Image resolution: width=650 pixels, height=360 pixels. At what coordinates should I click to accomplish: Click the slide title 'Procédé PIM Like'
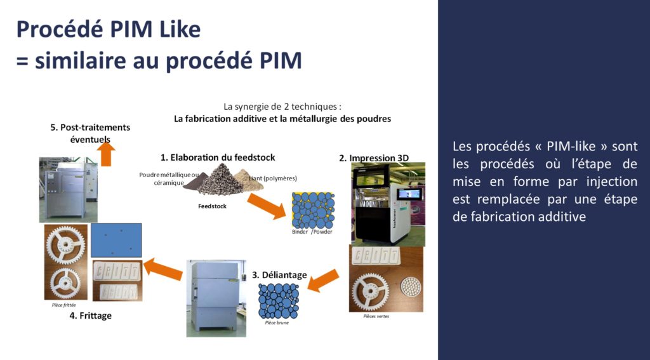(x=108, y=29)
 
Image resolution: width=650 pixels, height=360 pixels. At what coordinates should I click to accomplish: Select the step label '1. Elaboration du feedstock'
(x=218, y=157)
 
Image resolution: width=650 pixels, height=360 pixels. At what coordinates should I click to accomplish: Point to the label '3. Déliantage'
(x=279, y=275)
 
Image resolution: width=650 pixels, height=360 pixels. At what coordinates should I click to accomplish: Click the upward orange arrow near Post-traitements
(x=107, y=154)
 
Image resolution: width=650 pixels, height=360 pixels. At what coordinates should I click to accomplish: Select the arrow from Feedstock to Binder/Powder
(x=266, y=206)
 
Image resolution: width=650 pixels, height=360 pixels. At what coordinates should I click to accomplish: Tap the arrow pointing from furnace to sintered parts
(x=163, y=267)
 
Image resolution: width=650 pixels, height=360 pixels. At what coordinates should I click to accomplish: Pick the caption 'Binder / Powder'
(x=312, y=232)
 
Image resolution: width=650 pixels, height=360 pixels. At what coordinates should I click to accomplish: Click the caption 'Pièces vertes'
(x=376, y=316)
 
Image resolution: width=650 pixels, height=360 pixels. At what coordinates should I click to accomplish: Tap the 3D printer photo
(x=388, y=204)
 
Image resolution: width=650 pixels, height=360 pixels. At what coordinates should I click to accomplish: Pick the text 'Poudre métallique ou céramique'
(x=169, y=178)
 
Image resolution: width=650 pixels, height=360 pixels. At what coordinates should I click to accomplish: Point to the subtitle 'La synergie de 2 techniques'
(x=282, y=107)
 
